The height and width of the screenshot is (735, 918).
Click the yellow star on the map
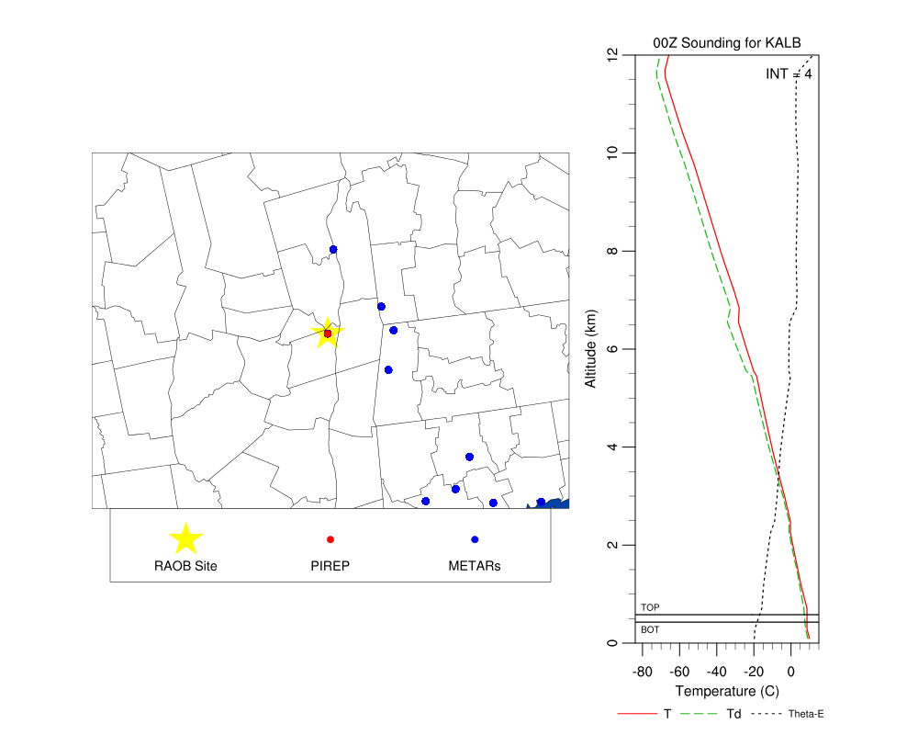click(327, 334)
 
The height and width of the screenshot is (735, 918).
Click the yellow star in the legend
click(186, 539)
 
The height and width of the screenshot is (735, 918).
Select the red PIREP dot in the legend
click(330, 539)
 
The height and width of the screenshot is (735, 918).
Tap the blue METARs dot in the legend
click(475, 539)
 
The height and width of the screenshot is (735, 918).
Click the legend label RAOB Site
click(186, 566)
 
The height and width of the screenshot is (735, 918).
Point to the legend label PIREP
click(330, 566)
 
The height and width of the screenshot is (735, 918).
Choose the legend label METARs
click(475, 566)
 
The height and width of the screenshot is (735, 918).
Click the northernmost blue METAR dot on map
click(333, 250)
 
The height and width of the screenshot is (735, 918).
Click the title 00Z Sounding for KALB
click(714, 43)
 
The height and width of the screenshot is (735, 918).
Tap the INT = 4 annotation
click(788, 73)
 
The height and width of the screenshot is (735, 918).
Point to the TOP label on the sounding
click(650, 607)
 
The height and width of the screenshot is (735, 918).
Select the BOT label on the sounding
click(650, 629)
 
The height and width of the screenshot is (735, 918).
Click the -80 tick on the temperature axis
click(643, 671)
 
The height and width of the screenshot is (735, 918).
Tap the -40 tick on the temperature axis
click(716, 671)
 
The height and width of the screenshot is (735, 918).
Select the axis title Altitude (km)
click(592, 350)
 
